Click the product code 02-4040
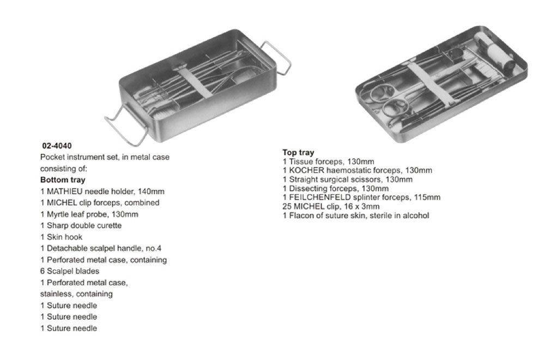coord(57,146)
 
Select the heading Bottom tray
coord(63,180)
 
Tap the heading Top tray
coord(298,152)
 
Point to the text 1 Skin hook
coord(62,237)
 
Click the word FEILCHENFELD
coord(319,197)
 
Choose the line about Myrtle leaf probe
coord(89,214)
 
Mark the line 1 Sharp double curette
coord(81,226)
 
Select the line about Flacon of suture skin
coord(355,215)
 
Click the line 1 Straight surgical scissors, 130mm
coord(347,179)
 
